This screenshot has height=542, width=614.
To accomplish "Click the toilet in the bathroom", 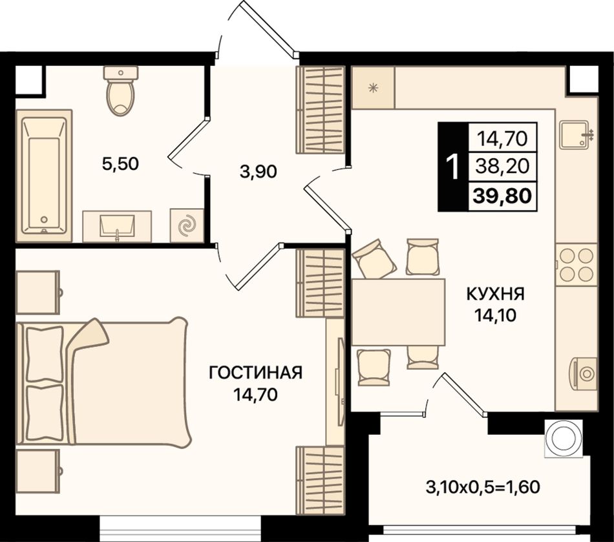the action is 121,91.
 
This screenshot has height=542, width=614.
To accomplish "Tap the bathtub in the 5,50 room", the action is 44,176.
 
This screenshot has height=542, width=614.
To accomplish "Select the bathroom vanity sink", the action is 117,226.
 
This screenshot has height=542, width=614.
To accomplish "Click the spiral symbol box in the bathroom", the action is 186,226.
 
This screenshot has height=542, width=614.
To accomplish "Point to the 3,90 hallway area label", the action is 259,171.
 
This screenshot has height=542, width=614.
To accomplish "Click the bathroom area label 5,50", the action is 120,163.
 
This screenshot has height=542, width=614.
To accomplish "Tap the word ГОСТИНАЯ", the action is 256,373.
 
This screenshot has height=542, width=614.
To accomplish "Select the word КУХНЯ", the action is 495,294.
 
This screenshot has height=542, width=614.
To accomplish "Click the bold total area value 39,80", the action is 502,195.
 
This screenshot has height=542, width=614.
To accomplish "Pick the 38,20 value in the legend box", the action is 502,167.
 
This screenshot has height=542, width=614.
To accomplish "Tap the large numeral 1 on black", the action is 452,167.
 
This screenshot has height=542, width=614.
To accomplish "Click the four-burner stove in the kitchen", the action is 576,264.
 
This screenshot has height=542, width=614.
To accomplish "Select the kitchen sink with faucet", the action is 576,134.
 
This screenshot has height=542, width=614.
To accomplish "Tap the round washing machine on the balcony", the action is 563,438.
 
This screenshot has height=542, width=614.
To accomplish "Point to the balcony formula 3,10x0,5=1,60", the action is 483,487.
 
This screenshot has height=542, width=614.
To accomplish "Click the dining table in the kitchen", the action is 398,312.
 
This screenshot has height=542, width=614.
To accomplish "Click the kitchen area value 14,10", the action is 495,315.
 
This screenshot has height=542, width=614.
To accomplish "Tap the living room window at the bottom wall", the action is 180,528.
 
